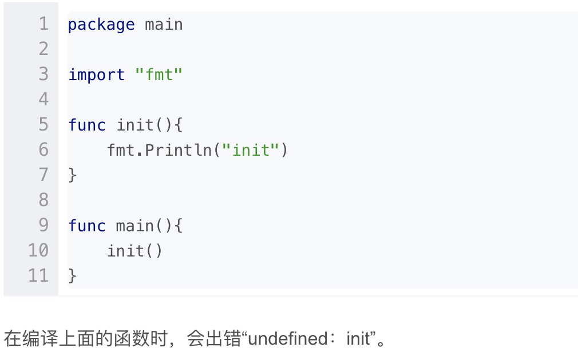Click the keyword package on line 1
tap(101, 25)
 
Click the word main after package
tap(164, 25)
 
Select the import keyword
tap(96, 75)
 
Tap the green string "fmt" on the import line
tap(159, 75)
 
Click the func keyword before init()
tap(87, 125)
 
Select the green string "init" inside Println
tap(250, 150)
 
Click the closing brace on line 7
tap(72, 175)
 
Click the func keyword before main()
tap(87, 226)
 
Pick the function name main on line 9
tap(135, 226)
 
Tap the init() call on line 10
tap(134, 251)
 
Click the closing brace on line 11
tap(72, 276)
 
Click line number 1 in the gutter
tap(43, 25)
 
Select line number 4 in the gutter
tap(43, 100)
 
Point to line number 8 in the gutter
tap(43, 200)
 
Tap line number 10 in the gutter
tap(38, 251)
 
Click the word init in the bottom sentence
tap(358, 339)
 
